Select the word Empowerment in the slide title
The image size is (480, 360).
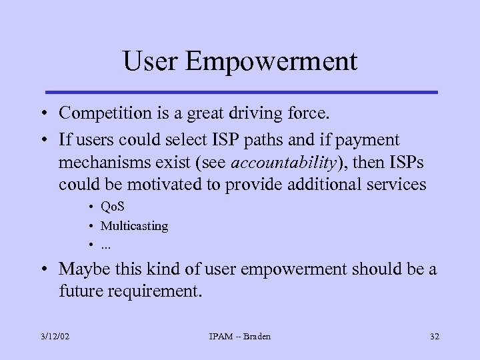pos(271,63)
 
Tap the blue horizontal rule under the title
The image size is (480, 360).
pos(241,92)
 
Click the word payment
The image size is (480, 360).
pos(368,140)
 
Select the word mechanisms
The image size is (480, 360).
pos(105,162)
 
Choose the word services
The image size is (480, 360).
pos(393,184)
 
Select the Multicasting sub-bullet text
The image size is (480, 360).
pos(134,226)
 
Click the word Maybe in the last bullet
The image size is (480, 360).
pos(81,269)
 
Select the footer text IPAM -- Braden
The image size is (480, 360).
pos(239,336)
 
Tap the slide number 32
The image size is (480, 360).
pos(434,336)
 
